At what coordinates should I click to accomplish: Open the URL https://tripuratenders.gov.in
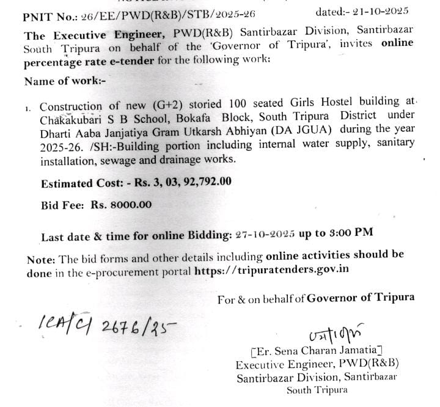click(x=271, y=269)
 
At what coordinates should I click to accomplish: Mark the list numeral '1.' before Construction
click(x=28, y=108)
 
